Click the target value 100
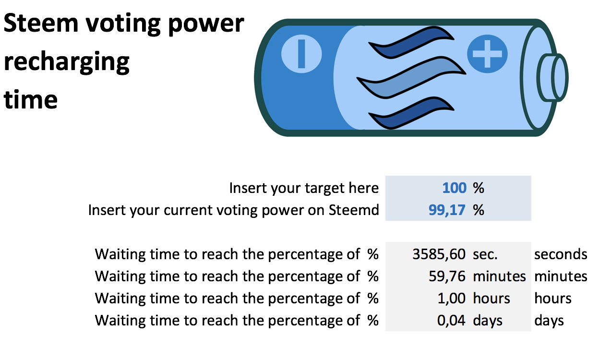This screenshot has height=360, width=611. [x=454, y=188]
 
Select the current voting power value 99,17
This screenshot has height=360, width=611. [x=447, y=210]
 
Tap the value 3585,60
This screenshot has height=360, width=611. [x=439, y=254]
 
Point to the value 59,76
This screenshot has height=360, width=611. [x=447, y=276]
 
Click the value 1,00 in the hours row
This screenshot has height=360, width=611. [x=452, y=299]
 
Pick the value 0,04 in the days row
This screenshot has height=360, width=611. [x=451, y=321]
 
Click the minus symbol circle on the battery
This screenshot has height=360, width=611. [x=301, y=54]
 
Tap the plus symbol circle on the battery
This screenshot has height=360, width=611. [x=487, y=54]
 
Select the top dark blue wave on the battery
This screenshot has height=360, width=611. [x=411, y=42]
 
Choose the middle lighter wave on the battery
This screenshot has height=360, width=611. [x=411, y=78]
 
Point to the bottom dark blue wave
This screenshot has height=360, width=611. [x=411, y=113]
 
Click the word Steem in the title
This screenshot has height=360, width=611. [x=41, y=24]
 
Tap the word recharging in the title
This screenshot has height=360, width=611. [x=67, y=63]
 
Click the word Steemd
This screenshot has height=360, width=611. [x=354, y=210]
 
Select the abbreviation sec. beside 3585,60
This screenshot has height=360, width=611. [x=485, y=255]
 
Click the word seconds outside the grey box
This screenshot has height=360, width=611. [x=561, y=255]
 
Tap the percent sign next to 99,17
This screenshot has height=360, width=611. [x=479, y=210]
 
